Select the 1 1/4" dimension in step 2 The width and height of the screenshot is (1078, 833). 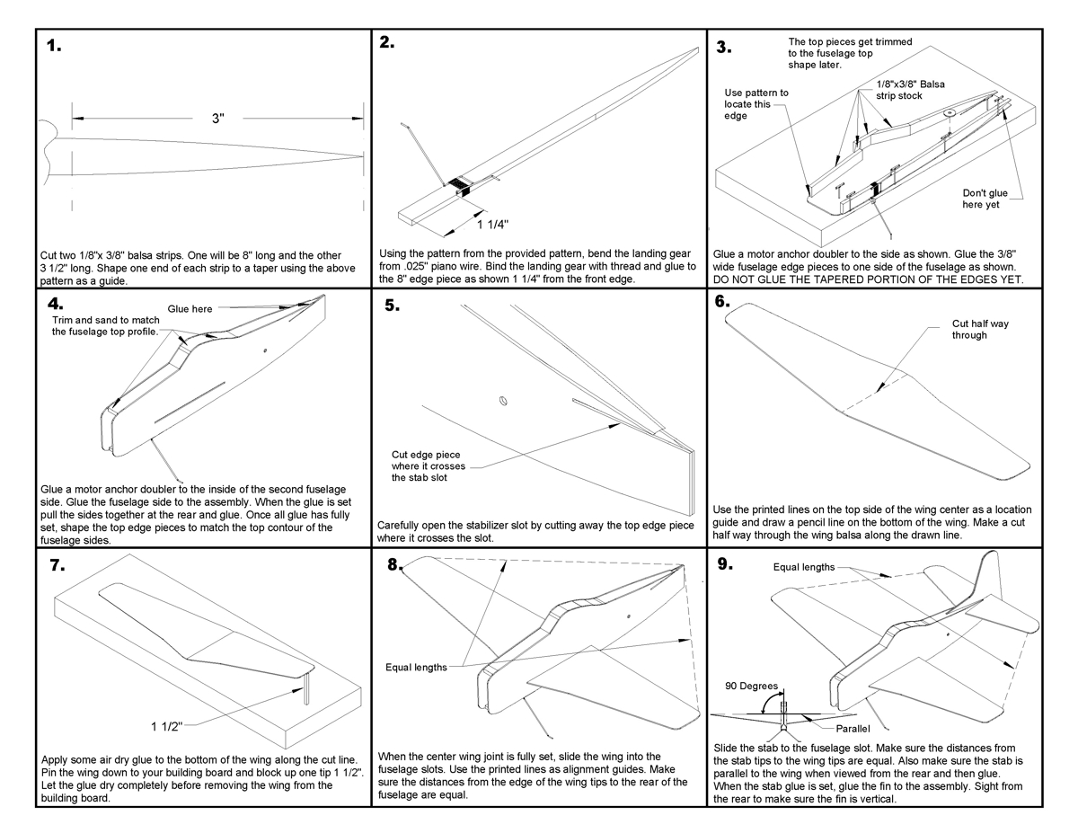click(496, 224)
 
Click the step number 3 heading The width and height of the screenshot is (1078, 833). click(724, 46)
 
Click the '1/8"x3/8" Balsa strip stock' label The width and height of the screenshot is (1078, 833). click(910, 90)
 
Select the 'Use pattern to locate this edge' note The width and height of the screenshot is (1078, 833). click(757, 104)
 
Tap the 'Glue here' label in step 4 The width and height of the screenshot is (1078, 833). click(190, 308)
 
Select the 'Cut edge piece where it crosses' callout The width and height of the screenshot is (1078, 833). click(432, 466)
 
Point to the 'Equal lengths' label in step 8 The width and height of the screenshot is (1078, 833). click(416, 667)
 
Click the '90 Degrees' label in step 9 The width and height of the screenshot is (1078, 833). click(752, 686)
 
